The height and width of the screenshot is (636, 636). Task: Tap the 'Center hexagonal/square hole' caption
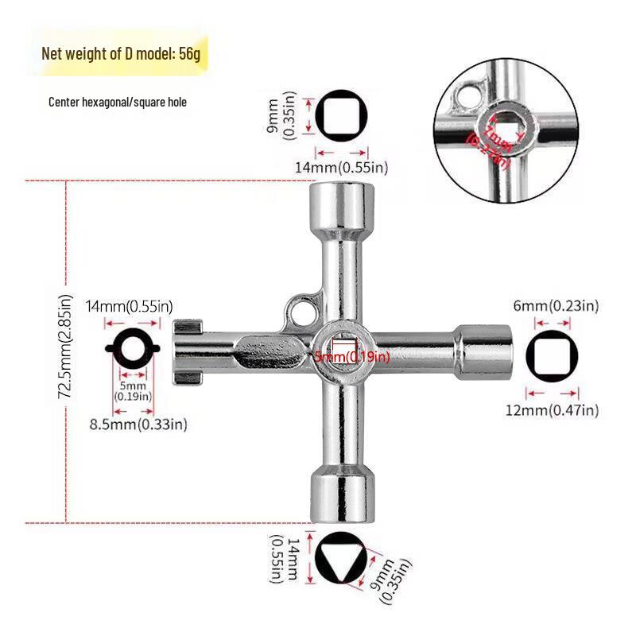tap(118, 103)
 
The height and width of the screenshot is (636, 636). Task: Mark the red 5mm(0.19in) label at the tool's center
tap(352, 357)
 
